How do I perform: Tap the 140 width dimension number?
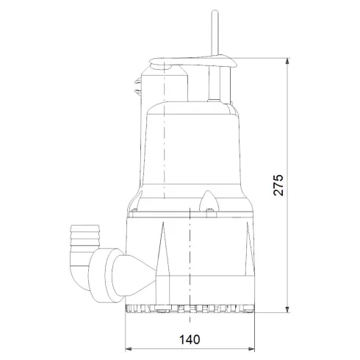pos(189,340)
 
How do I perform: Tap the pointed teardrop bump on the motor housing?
pos(209,201)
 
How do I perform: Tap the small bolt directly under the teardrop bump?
pos(209,214)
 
